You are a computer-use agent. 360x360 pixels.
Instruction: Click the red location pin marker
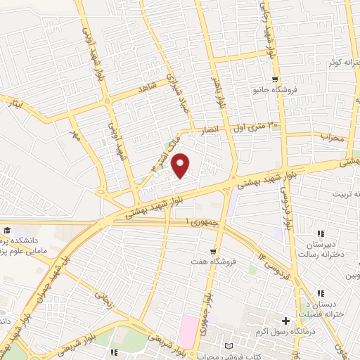pyautogui.click(x=181, y=165)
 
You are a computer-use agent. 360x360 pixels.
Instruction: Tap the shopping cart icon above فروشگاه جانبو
pyautogui.click(x=275, y=79)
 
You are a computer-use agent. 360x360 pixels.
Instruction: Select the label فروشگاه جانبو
pyautogui.click(x=275, y=91)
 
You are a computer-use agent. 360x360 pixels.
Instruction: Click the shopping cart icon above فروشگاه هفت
pyautogui.click(x=212, y=251)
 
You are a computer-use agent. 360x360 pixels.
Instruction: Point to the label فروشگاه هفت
pyautogui.click(x=212, y=262)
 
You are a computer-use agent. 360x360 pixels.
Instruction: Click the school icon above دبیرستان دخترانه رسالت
pyautogui.click(x=321, y=233)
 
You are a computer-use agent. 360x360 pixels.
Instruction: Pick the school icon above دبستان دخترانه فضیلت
pyautogui.click(x=321, y=293)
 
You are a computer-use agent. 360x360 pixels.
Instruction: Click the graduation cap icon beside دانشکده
pyautogui.click(x=6, y=231)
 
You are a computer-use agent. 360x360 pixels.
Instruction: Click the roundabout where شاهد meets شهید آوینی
pyautogui.click(x=107, y=101)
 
